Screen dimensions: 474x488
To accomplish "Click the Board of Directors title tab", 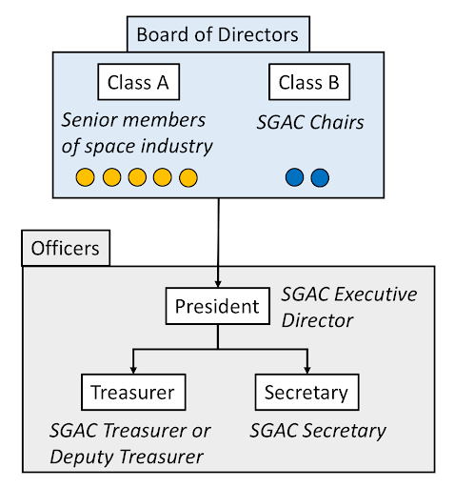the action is pyautogui.click(x=218, y=34).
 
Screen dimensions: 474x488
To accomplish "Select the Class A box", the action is pyautogui.click(x=139, y=82).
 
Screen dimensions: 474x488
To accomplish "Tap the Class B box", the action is pyautogui.click(x=309, y=82).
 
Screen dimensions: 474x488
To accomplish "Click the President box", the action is pyautogui.click(x=218, y=306).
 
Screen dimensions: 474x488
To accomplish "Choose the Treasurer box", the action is pyautogui.click(x=133, y=392).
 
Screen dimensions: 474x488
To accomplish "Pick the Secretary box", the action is pyautogui.click(x=306, y=392).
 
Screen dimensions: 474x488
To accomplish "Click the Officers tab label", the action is pyautogui.click(x=66, y=248).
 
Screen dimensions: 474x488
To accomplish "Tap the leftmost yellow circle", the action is pyautogui.click(x=85, y=177).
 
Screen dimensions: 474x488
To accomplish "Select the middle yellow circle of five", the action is pyautogui.click(x=137, y=177).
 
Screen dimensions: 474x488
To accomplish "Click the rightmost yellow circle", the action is pyautogui.click(x=188, y=177).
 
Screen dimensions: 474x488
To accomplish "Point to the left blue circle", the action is pyautogui.click(x=294, y=177).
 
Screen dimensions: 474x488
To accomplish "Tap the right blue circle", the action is pyautogui.click(x=320, y=177).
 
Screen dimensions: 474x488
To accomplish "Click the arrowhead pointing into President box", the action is pyautogui.click(x=218, y=284).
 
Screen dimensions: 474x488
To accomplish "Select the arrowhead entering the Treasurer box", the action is pyautogui.click(x=133, y=370).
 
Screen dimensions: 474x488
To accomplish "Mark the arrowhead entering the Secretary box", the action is pyautogui.click(x=307, y=370).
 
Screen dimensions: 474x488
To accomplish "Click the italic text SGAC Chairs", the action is pyautogui.click(x=310, y=122).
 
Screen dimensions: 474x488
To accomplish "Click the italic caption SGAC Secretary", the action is pyautogui.click(x=318, y=432).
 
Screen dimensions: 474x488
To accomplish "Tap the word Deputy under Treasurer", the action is pyautogui.click(x=83, y=457).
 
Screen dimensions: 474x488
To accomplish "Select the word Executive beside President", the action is pyautogui.click(x=376, y=295).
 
